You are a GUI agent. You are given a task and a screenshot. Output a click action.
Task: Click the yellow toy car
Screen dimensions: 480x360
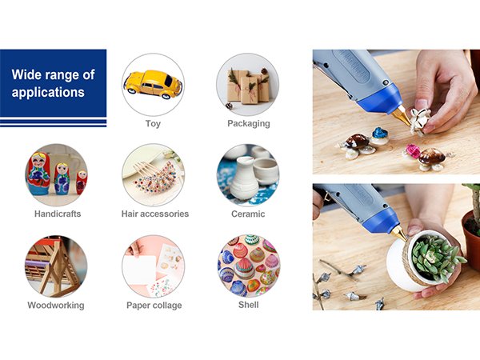click(153, 84)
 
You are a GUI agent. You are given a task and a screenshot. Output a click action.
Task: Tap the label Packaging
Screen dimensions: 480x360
click(249, 124)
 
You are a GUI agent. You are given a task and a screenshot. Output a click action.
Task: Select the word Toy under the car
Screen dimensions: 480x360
click(153, 124)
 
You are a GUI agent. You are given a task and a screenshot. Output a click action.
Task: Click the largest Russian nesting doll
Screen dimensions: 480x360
click(38, 174)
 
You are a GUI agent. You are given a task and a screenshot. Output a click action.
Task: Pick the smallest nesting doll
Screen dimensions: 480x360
click(82, 182)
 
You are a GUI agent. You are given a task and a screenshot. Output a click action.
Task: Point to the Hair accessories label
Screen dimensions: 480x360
click(155, 214)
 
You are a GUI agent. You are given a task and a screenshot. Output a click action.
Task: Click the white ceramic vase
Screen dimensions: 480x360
click(244, 178)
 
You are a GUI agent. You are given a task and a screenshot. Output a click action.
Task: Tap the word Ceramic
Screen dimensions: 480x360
click(248, 214)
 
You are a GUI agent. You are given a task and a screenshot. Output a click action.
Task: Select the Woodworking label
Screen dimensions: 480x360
click(56, 306)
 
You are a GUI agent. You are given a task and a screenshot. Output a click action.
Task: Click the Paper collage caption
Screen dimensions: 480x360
click(154, 306)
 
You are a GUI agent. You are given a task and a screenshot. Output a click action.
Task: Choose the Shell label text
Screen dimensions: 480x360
click(248, 305)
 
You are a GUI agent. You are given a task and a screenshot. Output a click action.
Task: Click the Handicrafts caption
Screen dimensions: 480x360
click(58, 214)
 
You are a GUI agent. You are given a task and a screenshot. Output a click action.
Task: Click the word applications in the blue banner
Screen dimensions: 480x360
click(48, 92)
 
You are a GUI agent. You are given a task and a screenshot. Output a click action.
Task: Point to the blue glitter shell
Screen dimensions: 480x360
click(380, 134)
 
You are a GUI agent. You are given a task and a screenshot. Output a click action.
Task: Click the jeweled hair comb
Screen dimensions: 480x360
click(154, 176)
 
